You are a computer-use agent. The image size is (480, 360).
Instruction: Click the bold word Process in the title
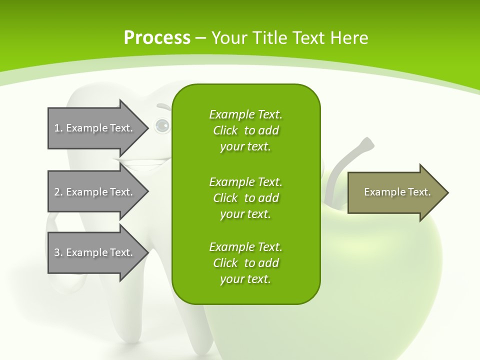tap(157, 37)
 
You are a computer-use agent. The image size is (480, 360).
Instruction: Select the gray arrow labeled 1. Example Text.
tap(95, 128)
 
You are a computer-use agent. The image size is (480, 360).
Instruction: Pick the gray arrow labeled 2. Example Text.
tap(95, 192)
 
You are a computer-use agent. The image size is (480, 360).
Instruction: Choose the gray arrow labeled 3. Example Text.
tap(95, 252)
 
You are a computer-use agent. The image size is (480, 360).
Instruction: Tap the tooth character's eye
tap(162, 125)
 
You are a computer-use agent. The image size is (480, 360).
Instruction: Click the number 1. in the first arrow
tap(58, 128)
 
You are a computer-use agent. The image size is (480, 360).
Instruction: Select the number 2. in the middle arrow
tap(58, 192)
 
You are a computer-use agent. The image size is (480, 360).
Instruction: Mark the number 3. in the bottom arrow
tap(58, 252)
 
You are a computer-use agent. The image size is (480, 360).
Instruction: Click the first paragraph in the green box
tap(245, 130)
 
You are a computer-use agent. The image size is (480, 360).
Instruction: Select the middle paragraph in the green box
tap(245, 197)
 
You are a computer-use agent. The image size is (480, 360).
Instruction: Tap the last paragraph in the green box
tap(245, 263)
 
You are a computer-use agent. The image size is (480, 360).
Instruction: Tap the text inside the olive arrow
tap(397, 192)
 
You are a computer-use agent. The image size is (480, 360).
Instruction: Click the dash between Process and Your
tap(200, 38)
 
